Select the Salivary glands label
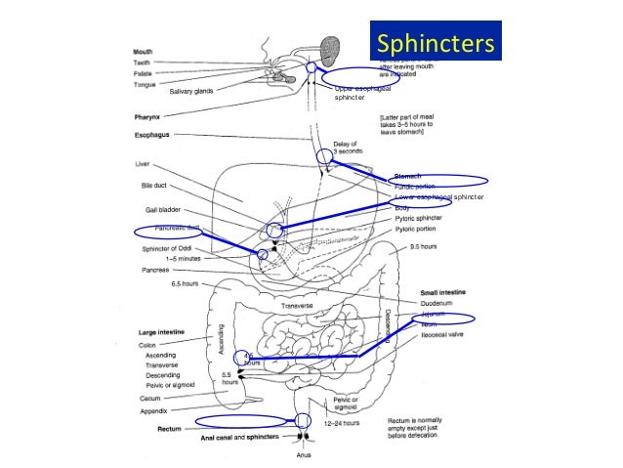[192, 91]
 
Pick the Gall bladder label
[153, 210]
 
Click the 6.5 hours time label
[185, 283]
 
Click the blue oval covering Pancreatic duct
[169, 232]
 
